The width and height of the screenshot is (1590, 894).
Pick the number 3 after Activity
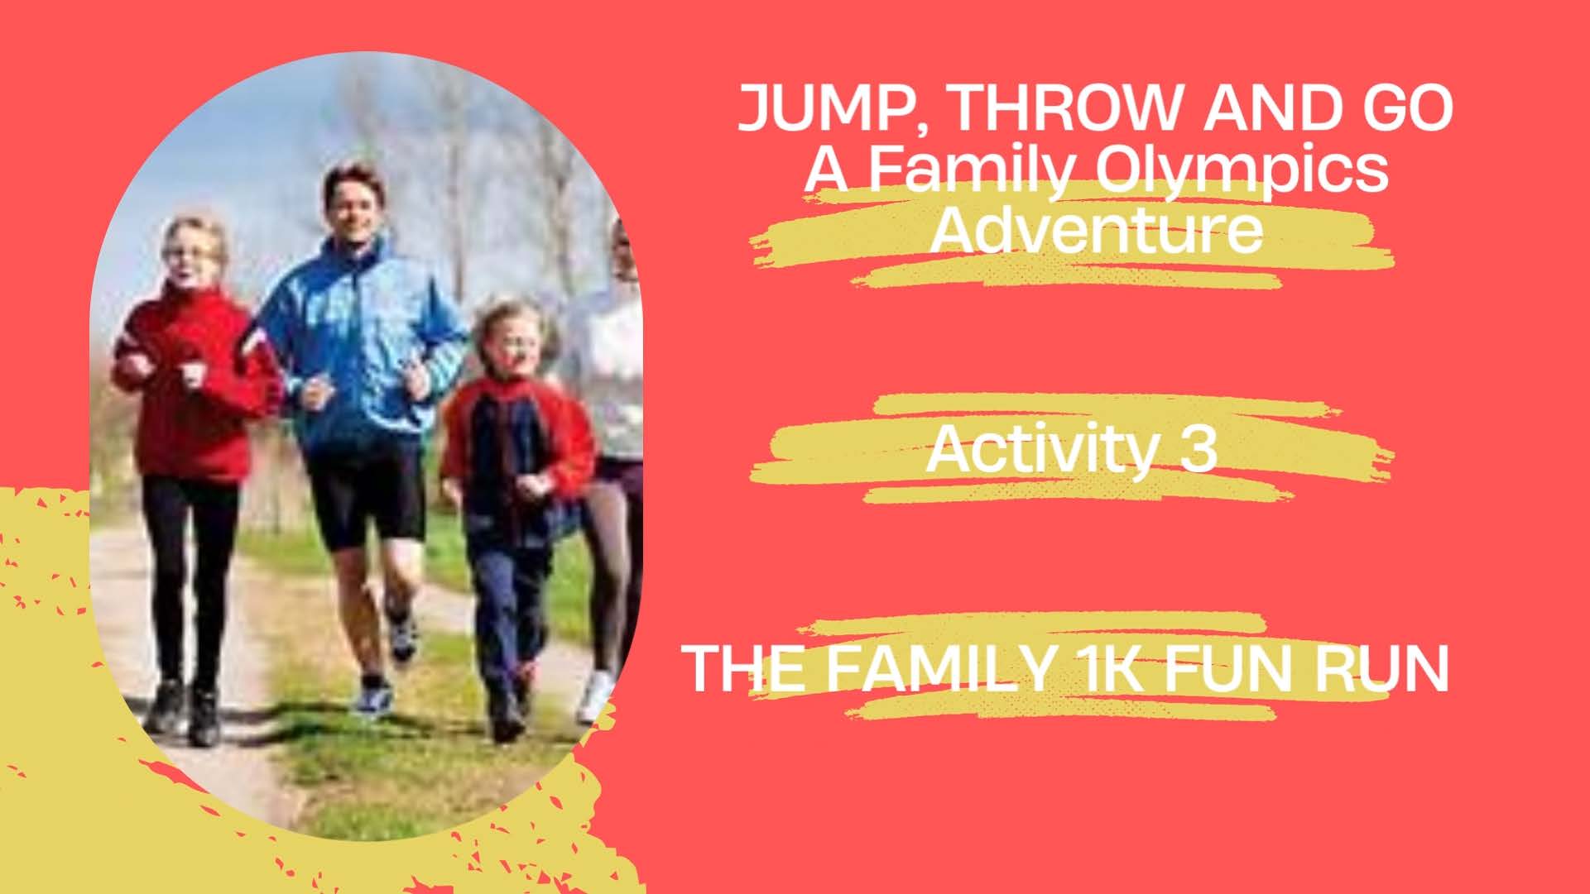[x=1197, y=450]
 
